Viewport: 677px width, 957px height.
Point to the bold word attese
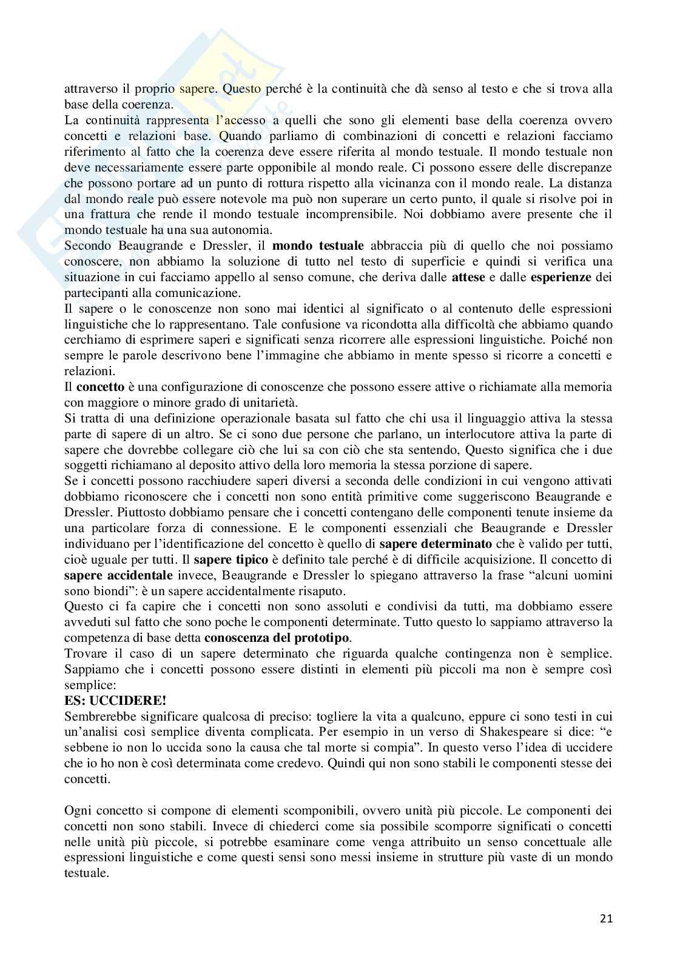coord(468,277)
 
